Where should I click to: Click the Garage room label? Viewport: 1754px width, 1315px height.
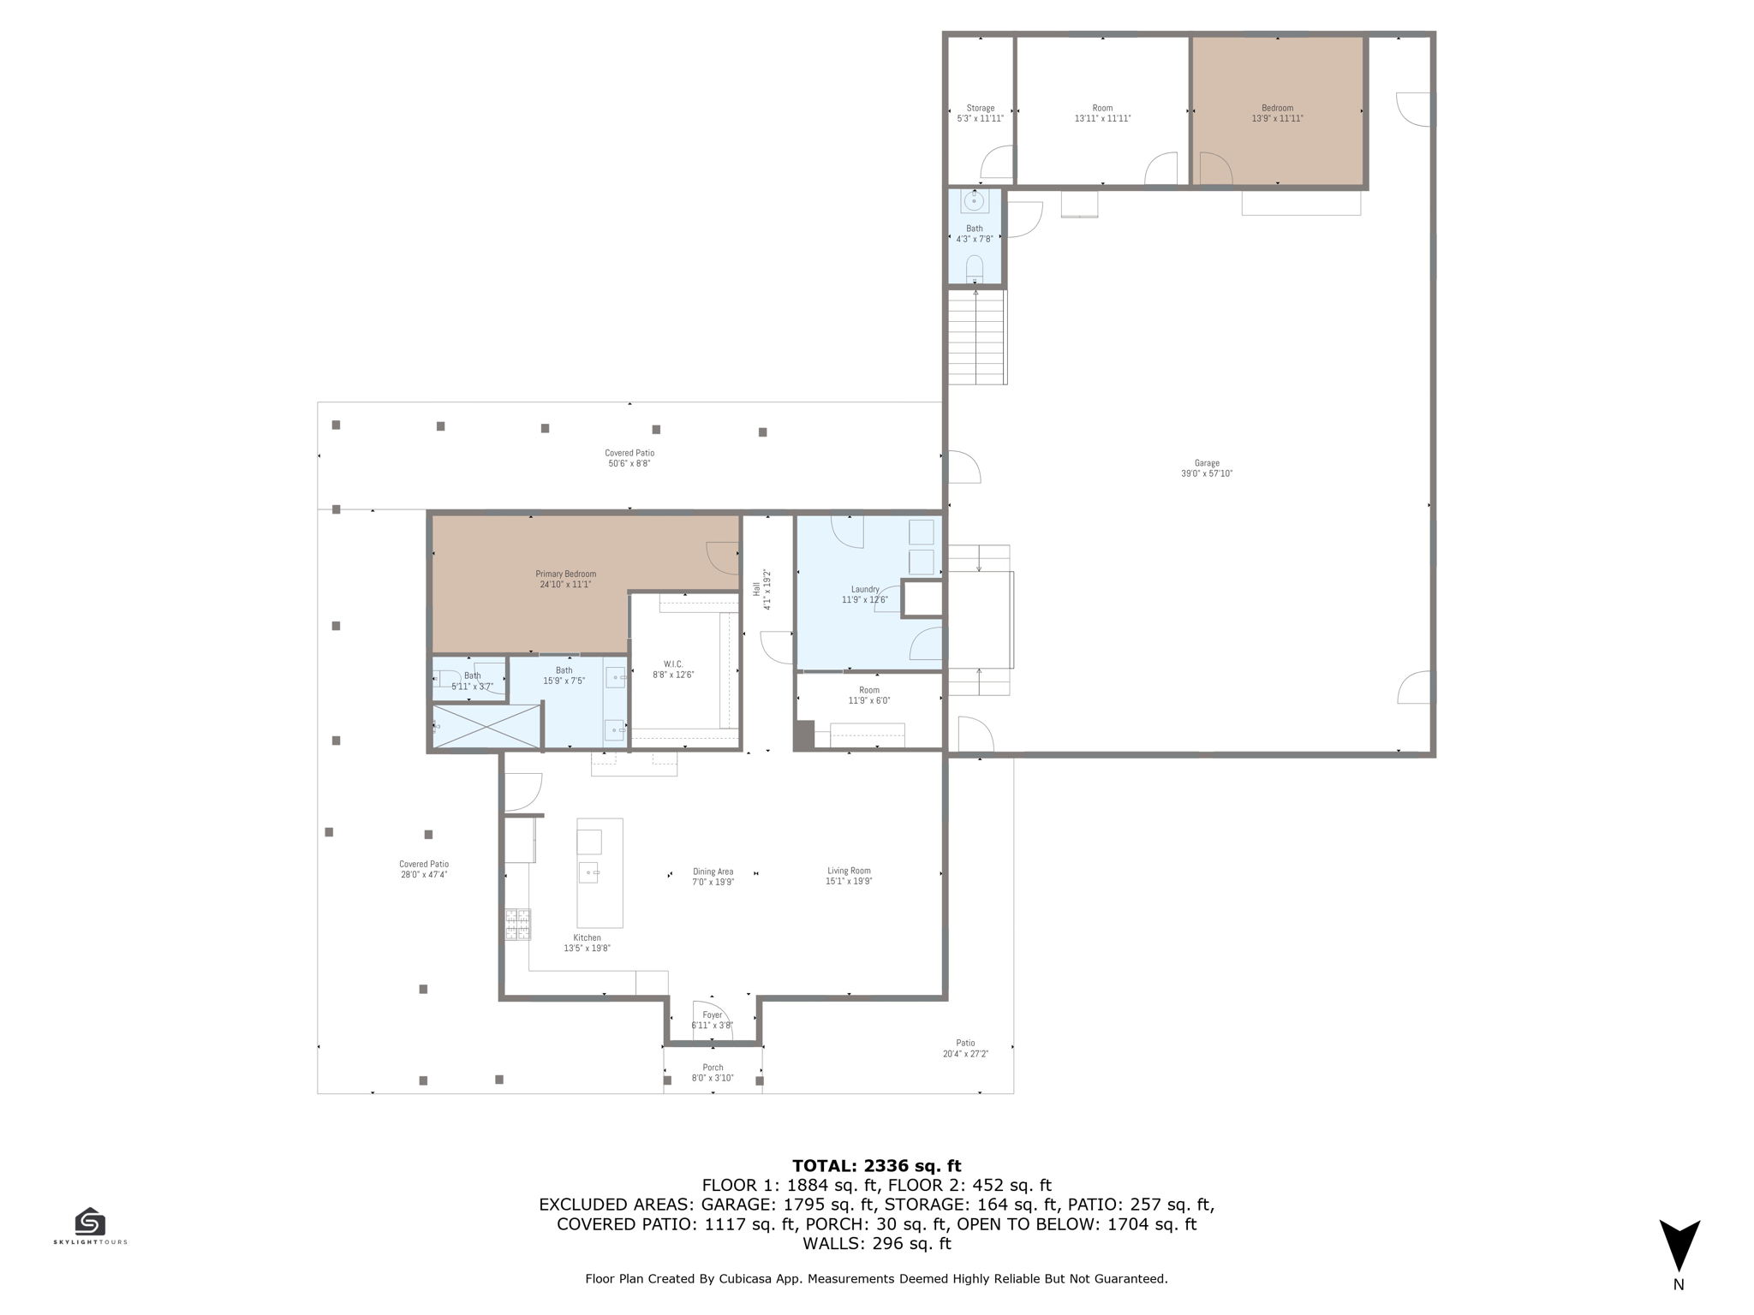[1206, 468]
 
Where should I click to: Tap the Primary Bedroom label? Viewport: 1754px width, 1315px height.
[565, 579]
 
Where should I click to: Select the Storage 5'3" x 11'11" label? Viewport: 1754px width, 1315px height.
[980, 113]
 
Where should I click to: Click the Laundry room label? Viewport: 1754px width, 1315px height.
[864, 594]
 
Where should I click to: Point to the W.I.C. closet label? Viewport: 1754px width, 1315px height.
[673, 669]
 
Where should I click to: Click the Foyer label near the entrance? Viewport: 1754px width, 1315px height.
[712, 1020]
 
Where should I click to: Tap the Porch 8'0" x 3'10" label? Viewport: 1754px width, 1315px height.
[713, 1073]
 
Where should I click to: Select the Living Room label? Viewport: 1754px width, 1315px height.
[849, 876]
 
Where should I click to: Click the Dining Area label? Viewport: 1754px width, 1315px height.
[713, 876]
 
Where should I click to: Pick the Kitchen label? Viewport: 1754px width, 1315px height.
[587, 943]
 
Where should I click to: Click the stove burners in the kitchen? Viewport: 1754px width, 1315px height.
[517, 925]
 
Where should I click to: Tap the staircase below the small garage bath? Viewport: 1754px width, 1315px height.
[975, 337]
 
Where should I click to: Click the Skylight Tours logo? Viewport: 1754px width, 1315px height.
[90, 1225]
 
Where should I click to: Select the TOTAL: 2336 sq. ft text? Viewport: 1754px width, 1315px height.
[876, 1165]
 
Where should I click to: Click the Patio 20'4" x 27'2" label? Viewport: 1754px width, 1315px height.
[965, 1048]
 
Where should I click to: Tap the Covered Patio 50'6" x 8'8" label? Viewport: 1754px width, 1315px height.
[629, 458]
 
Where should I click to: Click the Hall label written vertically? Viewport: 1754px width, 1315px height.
[761, 589]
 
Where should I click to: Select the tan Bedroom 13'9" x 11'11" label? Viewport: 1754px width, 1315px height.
[1277, 113]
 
